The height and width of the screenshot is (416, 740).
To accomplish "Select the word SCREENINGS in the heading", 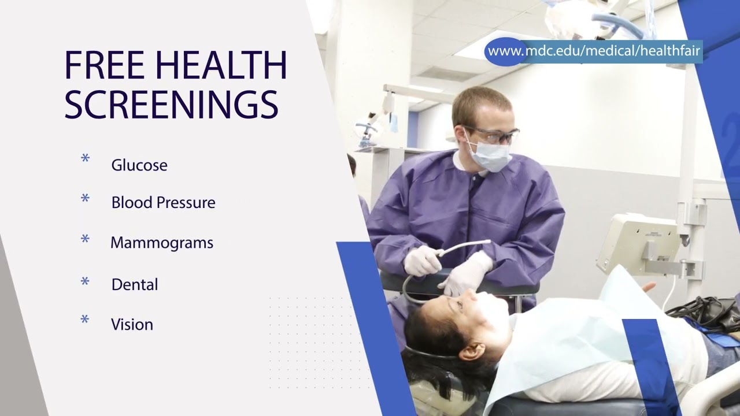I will (171, 105).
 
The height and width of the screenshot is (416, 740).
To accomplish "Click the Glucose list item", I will (139, 165).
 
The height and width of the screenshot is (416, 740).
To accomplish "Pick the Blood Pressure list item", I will (163, 203).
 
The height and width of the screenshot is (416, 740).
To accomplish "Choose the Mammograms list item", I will (162, 243).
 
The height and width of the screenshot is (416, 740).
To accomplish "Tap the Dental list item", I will (135, 284).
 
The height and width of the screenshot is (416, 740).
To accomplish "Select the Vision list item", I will (132, 325).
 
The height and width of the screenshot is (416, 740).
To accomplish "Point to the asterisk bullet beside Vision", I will (85, 320).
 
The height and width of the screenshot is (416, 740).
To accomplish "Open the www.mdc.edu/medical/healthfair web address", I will (594, 51).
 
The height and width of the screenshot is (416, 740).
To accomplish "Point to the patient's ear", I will (472, 351).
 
